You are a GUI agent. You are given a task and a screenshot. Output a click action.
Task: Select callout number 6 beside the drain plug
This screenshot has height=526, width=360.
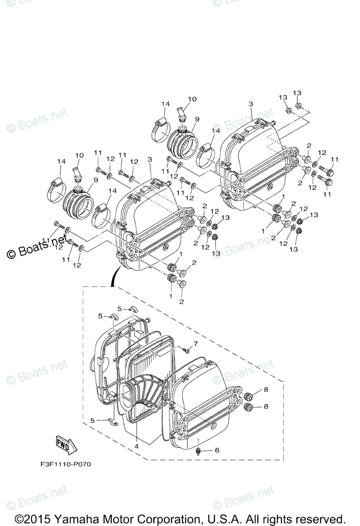(216, 450)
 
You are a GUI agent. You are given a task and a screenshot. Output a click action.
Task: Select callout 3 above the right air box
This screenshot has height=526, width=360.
(251, 104)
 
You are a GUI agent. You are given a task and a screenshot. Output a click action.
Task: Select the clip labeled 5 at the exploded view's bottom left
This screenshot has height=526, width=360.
(112, 421)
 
